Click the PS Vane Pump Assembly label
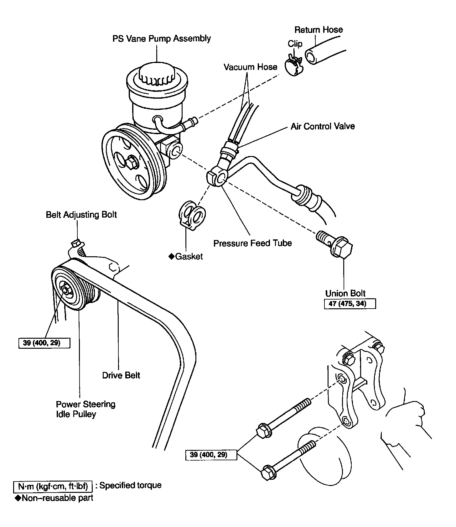point(162,39)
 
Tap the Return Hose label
point(319,30)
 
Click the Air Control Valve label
point(323,126)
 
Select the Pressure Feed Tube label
point(252,243)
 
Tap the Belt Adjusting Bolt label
point(81,215)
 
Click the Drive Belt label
point(121,375)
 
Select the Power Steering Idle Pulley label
point(85,409)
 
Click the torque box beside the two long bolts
point(211,454)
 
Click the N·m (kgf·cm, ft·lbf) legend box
point(53,486)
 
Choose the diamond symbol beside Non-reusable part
point(18,498)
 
